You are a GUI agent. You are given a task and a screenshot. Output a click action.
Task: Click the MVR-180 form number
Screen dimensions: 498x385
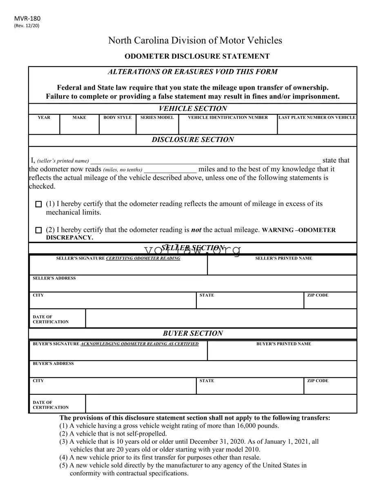[27, 18]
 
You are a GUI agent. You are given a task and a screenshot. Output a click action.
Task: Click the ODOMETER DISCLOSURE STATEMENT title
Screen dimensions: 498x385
[197, 56]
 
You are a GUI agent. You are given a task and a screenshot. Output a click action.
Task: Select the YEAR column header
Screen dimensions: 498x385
[44, 117]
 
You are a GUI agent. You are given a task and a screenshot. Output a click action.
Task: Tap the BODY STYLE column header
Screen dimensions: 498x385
[118, 117]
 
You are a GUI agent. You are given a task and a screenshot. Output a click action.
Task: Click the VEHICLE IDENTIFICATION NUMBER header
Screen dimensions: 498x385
[228, 117]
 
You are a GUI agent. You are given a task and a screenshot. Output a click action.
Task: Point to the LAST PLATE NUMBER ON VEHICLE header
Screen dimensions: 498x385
[317, 117]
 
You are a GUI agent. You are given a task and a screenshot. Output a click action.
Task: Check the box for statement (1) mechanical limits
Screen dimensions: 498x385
[39, 204]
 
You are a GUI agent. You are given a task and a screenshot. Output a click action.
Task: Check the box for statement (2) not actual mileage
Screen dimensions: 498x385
[39, 230]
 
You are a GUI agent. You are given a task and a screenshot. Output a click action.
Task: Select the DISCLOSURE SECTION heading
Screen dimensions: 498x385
[193, 140]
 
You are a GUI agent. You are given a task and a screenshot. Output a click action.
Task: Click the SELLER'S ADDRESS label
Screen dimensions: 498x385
[54, 278]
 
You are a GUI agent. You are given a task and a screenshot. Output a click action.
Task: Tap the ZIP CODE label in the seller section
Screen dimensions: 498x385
[318, 295]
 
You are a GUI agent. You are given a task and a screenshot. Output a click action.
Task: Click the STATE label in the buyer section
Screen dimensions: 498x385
[207, 381]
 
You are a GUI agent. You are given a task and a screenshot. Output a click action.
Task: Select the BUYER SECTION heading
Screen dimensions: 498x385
[193, 333]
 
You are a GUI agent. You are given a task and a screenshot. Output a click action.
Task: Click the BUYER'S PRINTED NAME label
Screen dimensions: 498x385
[283, 344]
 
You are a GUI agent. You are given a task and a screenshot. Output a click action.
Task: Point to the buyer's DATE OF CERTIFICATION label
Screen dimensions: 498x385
[51, 405]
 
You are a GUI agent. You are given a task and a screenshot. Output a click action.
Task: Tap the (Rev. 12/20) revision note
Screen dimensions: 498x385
[27, 26]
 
